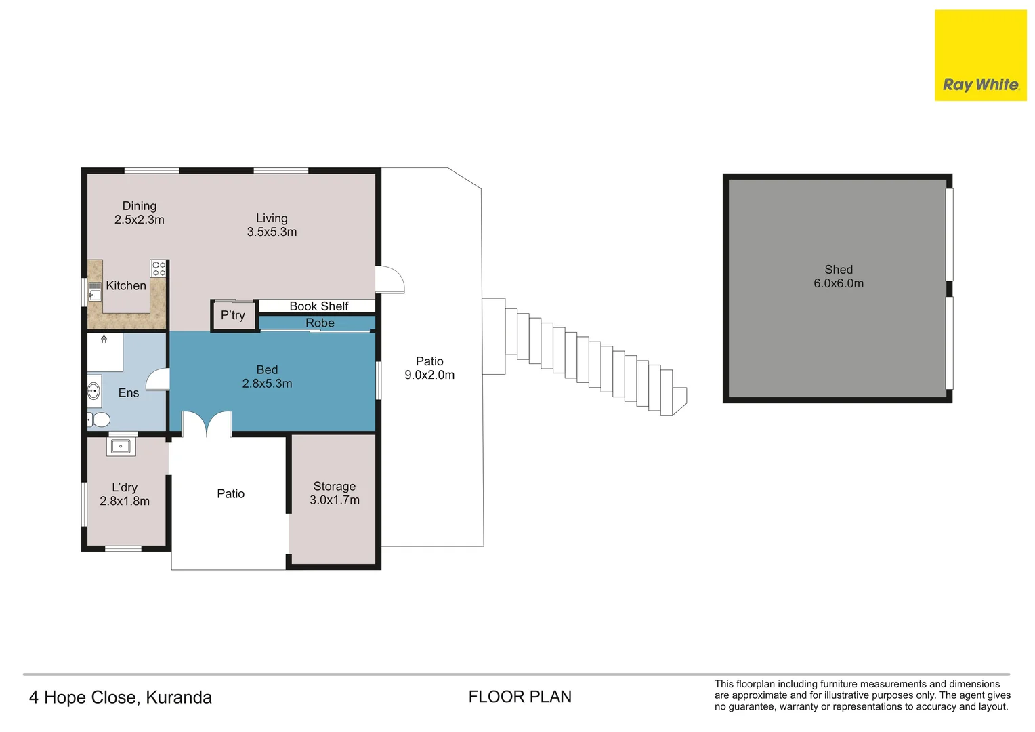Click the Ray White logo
coord(981,56)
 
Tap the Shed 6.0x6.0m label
coord(838,276)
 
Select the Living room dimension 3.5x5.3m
coord(272,232)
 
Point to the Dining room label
coord(139,206)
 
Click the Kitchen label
coord(126,285)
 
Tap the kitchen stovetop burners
coord(159,268)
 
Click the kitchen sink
coord(94,291)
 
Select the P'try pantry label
coord(232,315)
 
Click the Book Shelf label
coord(319,306)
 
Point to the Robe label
coord(320,323)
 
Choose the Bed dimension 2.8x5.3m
coord(267,384)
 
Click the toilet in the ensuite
coord(98,420)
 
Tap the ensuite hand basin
coord(93,391)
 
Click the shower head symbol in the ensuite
coord(104,338)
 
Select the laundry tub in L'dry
coord(121,446)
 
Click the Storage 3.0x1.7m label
coord(334,493)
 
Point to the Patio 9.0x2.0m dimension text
coord(429,375)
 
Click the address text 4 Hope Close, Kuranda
coord(120,697)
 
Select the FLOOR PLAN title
coord(520,696)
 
